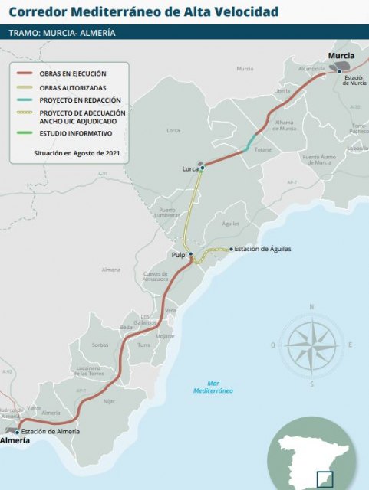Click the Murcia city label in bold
(x=341, y=57)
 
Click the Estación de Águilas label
(x=262, y=249)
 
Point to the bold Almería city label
(x=15, y=441)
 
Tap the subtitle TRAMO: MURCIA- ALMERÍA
(x=62, y=34)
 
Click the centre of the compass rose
(x=311, y=345)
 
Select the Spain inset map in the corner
(x=311, y=456)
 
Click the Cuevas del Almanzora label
(x=156, y=276)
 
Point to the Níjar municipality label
(x=108, y=401)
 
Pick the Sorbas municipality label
(x=100, y=345)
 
